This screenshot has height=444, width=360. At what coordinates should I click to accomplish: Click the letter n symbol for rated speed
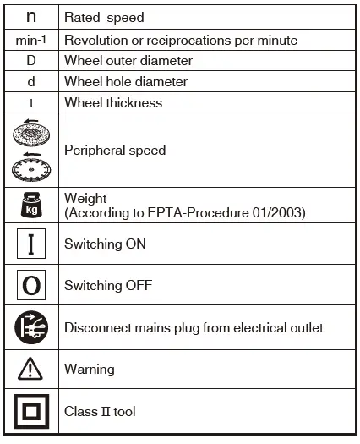(31, 17)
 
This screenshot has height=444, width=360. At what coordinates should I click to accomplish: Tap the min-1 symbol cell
(32, 40)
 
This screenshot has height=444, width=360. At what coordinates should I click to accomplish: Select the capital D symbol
(31, 61)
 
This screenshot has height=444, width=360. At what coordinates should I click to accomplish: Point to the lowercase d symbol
(31, 81)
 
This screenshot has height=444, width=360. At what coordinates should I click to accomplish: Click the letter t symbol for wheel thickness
(31, 102)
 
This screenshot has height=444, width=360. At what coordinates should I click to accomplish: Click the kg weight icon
(32, 206)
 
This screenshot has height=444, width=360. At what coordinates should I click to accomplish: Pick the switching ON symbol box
(31, 244)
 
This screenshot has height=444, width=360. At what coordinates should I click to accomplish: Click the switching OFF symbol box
(31, 285)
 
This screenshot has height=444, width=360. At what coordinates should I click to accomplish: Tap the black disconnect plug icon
(32, 327)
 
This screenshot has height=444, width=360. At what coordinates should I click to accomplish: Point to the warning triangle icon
(31, 369)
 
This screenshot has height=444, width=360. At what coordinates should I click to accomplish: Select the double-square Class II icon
(32, 412)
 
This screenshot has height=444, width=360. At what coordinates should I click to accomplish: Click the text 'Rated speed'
(104, 17)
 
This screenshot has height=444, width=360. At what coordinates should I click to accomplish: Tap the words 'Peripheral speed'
(115, 150)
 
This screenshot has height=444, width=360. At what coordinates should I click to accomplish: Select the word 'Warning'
(89, 370)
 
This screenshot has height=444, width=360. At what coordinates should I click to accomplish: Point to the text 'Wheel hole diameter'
(126, 82)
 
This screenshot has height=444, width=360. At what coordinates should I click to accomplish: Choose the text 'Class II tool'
(100, 412)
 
